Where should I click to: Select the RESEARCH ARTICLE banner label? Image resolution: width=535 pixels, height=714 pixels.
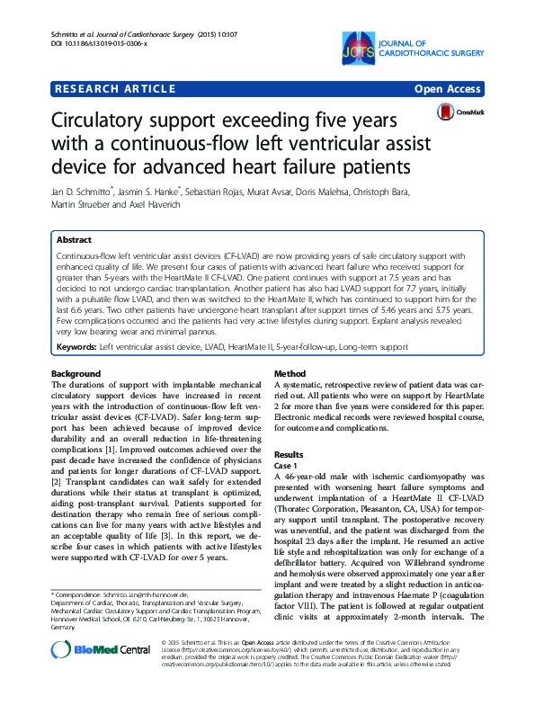115,89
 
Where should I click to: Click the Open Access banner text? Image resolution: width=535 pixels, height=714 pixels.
449,89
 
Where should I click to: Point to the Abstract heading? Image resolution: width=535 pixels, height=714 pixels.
74,241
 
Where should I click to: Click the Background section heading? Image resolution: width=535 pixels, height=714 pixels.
77,372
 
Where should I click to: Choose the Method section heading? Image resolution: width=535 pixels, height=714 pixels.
290,372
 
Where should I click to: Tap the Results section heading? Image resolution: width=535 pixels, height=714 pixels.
290,455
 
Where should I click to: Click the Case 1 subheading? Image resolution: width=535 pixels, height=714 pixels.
286,466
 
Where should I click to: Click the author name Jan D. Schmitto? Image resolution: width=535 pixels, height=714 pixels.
81,192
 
